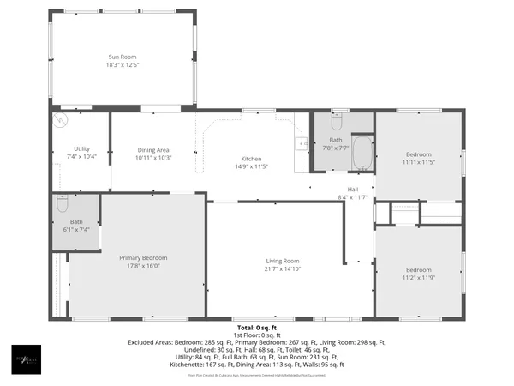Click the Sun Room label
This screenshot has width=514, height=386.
122,57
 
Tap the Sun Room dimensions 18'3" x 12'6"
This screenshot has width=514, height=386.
122,64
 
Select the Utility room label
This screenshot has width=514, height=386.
81,149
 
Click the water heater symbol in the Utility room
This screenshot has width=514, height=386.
61,120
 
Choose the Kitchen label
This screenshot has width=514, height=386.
251,159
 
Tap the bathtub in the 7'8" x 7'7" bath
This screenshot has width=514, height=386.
363,153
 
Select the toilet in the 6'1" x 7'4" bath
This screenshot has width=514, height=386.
62,203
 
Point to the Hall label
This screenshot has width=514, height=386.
352,190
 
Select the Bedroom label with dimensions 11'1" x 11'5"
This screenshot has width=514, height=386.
419,154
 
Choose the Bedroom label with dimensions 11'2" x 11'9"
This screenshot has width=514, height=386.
419,270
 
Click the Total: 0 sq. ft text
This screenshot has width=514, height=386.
257,327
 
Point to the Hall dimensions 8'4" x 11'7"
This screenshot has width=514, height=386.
352,197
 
